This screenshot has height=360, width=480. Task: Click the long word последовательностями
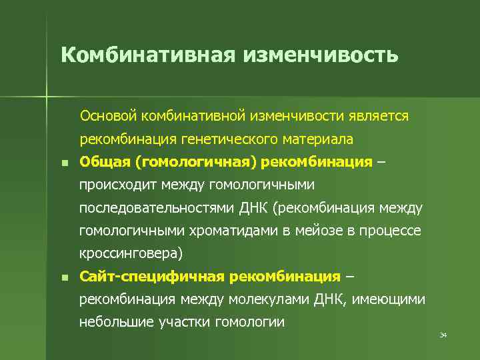pyautogui.click(x=157, y=208)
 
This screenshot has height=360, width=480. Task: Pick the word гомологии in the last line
pyautogui.click(x=250, y=323)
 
